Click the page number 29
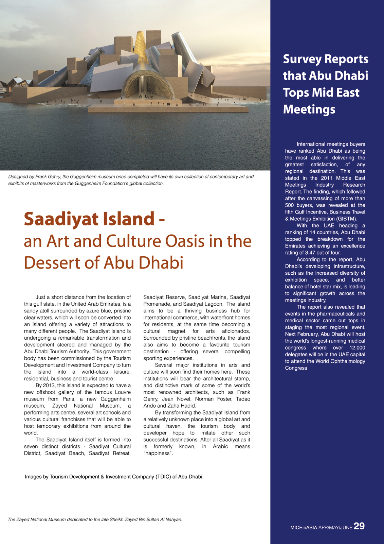[x=359, y=526]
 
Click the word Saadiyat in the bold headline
[x=56, y=219]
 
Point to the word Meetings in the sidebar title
[x=309, y=109]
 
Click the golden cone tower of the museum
[x=140, y=51]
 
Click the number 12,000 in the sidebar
[x=357, y=348]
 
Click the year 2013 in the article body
[x=49, y=385]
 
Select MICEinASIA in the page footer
[x=304, y=528]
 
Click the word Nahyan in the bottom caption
[x=173, y=520]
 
